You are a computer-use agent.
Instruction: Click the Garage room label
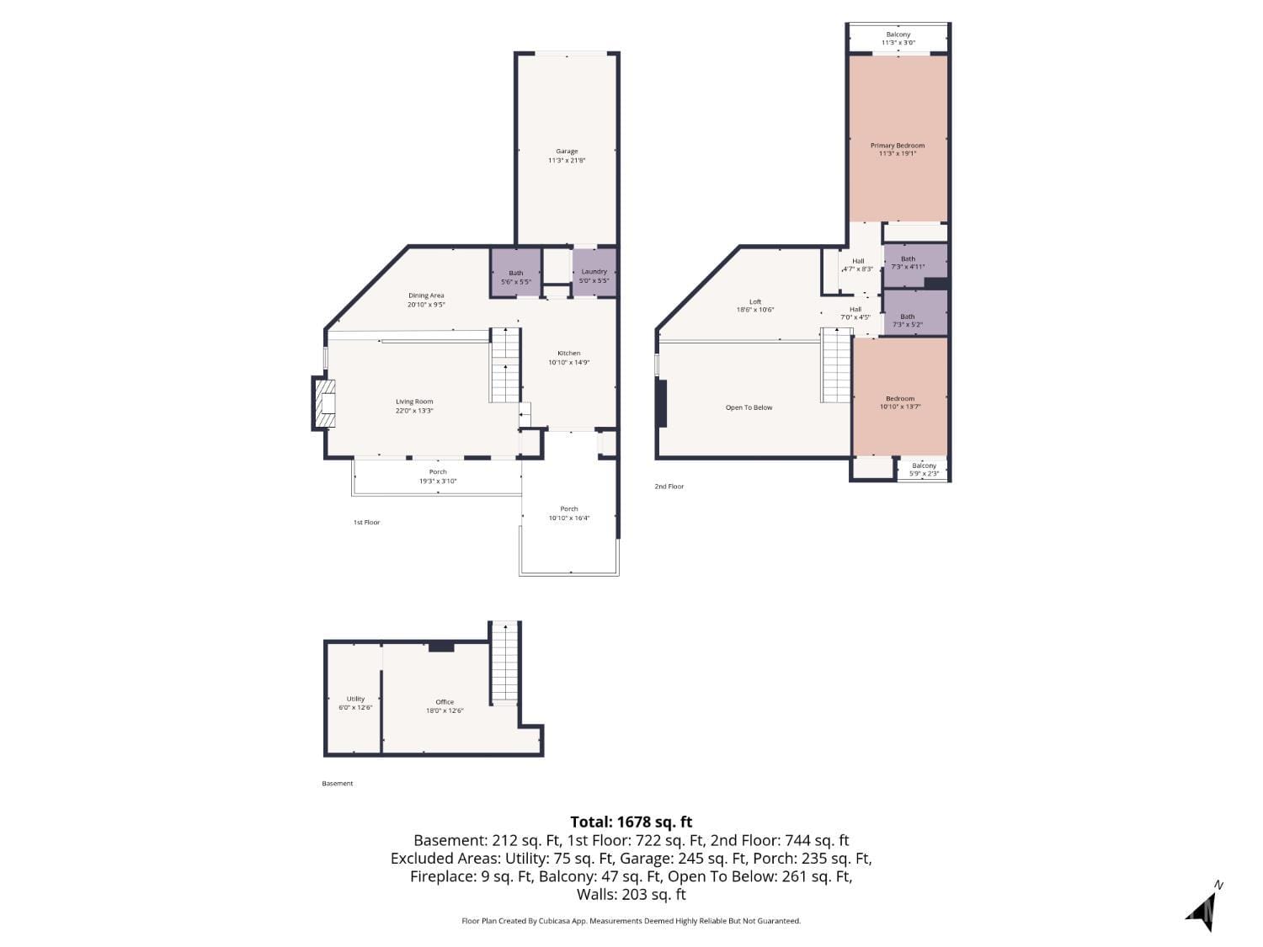(567, 152)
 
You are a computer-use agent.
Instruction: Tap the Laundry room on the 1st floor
(594, 272)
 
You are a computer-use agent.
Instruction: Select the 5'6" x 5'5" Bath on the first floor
(515, 273)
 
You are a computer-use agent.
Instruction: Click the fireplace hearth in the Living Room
(325, 404)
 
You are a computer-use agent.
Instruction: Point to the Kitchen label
(568, 354)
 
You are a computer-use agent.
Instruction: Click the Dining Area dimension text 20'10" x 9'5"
(426, 306)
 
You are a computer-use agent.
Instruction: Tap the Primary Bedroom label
(898, 146)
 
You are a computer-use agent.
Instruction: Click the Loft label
(755, 301)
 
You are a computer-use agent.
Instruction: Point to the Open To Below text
(749, 407)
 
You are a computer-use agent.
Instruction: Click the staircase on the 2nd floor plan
(836, 365)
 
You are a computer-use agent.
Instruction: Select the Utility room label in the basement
(355, 699)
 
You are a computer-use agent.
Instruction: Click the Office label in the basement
(445, 702)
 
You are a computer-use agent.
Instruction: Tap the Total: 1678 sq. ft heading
(631, 822)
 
